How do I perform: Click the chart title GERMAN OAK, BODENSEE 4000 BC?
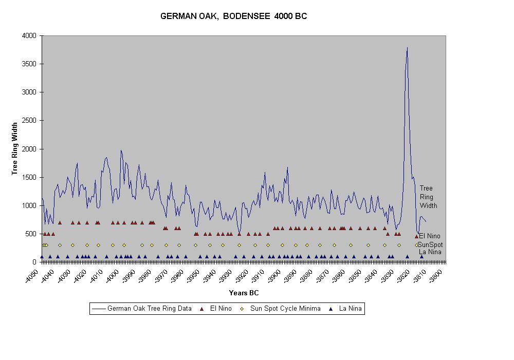[234, 16]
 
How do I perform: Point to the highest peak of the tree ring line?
[407, 48]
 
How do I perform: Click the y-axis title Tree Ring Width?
[15, 148]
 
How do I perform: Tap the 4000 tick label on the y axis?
[29, 36]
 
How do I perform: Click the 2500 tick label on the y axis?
[29, 121]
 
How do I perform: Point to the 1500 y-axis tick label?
[29, 177]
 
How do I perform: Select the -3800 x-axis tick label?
[437, 273]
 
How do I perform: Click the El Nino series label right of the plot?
[430, 236]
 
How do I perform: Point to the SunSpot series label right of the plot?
[430, 244]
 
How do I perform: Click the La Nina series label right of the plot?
[430, 252]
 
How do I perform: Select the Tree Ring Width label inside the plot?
[428, 197]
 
